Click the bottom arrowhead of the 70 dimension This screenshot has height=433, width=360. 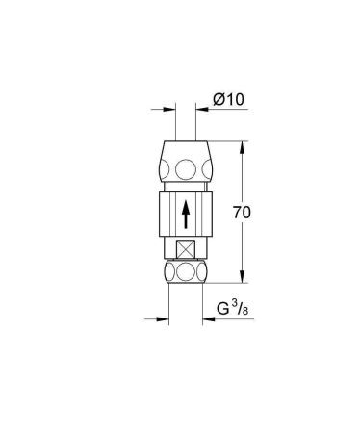pyautogui.click(x=241, y=280)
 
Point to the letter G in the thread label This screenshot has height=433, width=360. pyautogui.click(x=222, y=310)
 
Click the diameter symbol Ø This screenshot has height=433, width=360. pyautogui.click(x=219, y=99)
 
